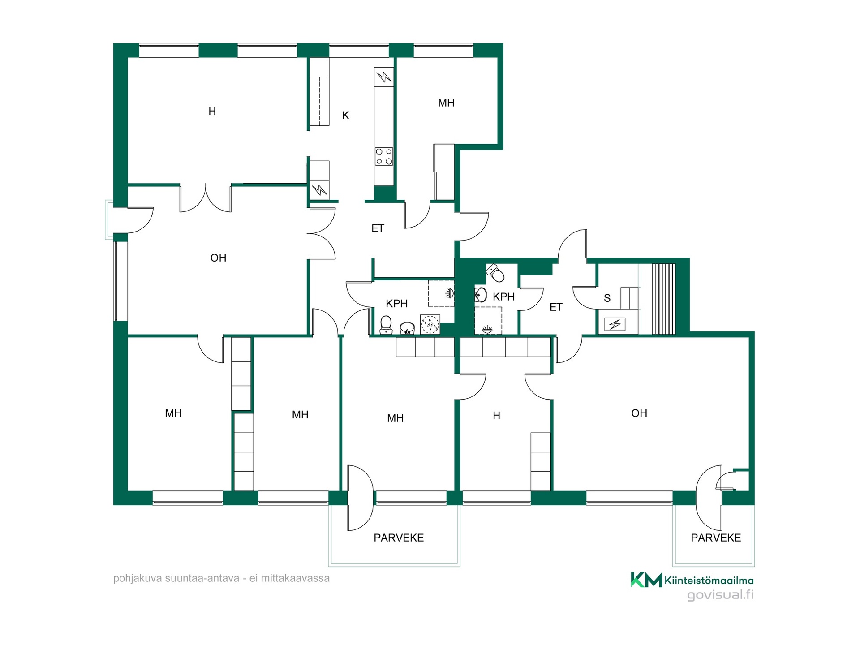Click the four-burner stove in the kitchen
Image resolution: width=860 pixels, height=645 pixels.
point(384,156)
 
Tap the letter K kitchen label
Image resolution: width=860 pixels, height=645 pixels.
point(345,116)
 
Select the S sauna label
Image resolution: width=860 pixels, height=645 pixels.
point(607,298)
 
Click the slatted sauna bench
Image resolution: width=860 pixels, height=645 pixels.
point(663,299)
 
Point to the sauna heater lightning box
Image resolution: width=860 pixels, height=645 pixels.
point(615,324)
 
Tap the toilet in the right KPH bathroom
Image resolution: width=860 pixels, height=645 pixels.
point(495,272)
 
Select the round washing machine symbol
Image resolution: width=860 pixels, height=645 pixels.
point(430,324)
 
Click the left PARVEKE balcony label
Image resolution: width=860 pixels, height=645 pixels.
point(399,537)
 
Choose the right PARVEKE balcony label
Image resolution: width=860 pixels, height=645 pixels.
point(716,537)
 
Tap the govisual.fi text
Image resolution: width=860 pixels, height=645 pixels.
point(720,595)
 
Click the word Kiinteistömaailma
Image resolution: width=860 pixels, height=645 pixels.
point(709,580)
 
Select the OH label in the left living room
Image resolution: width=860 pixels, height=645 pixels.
point(218,258)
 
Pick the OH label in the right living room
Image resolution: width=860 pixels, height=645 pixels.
point(639,413)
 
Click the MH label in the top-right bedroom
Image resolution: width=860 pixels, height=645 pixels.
point(446,103)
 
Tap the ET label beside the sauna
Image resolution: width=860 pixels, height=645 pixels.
point(556,307)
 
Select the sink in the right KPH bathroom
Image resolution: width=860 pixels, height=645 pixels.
point(481,295)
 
